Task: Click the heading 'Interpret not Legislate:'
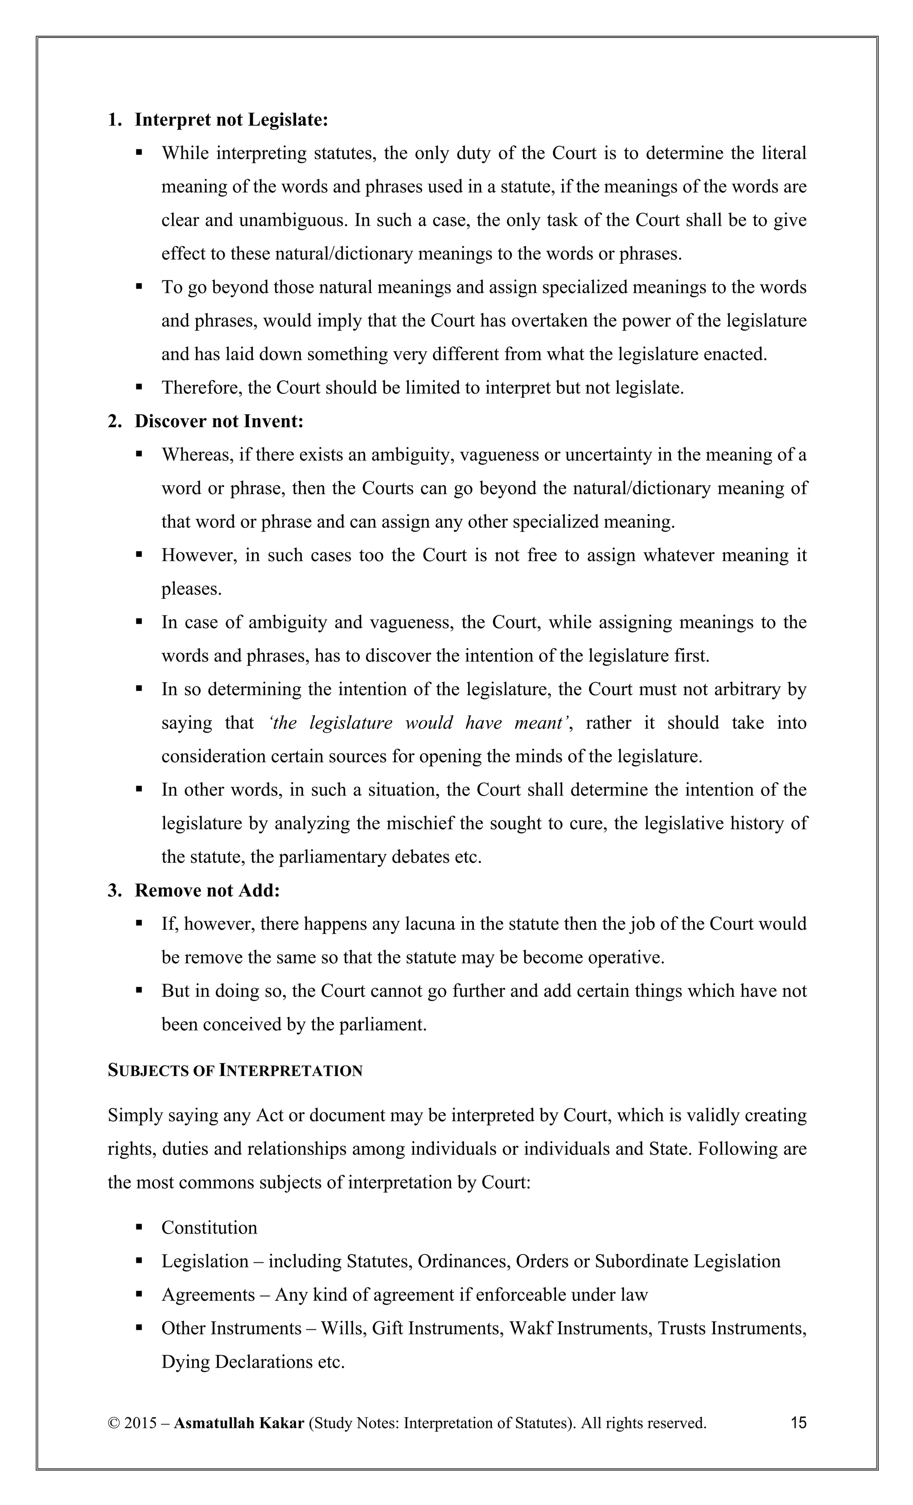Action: coord(231,120)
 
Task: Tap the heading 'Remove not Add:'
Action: coord(207,891)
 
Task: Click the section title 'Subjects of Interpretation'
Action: coord(235,1071)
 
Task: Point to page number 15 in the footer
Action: coord(798,1423)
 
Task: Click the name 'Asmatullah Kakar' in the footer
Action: coord(239,1423)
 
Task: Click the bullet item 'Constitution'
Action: coord(209,1228)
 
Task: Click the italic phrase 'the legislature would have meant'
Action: coord(418,722)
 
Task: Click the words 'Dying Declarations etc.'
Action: coord(253,1361)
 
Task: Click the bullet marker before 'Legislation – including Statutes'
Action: coord(139,1261)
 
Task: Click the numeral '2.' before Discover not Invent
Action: coord(115,421)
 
